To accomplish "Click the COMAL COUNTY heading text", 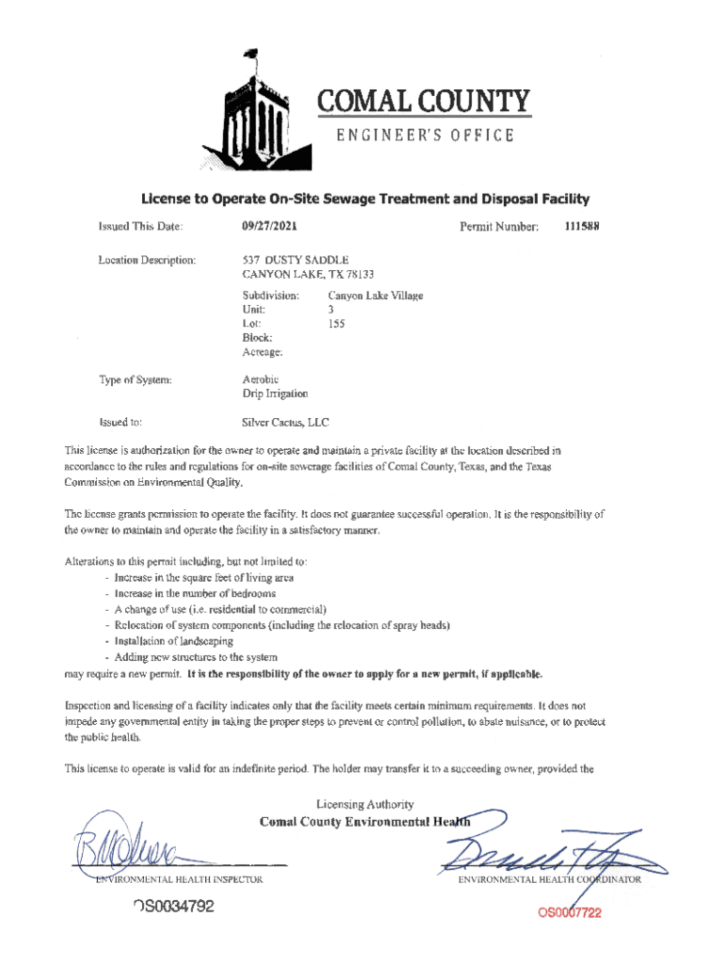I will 424,101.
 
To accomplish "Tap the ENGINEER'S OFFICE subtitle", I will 426,136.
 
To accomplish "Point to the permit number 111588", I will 582,227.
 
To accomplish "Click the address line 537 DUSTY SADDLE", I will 296,259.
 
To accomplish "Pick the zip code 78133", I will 357,274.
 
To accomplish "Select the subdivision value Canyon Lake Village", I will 376,296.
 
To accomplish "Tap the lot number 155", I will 336,324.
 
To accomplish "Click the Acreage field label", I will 263,352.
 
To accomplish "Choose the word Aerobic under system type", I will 261,379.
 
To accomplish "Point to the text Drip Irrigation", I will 275,394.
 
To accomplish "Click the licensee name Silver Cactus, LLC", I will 285,423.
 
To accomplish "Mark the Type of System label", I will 136,379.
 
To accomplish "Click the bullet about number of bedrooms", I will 195,594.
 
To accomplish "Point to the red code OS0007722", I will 569,912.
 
